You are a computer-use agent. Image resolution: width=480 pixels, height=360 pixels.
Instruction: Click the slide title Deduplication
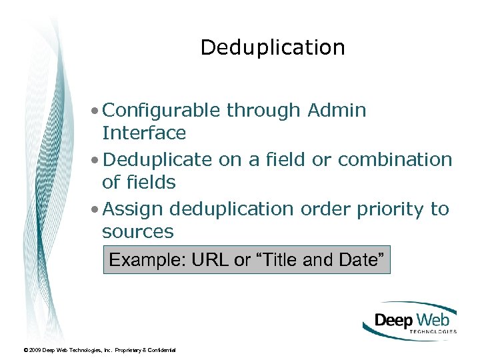(273, 48)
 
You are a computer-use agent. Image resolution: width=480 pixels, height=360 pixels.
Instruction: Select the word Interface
(143, 133)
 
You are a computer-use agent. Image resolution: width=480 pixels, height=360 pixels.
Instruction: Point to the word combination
(395, 160)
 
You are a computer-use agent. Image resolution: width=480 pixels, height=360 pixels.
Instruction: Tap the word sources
(137, 232)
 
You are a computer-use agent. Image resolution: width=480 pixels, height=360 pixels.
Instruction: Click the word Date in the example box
(361, 260)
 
